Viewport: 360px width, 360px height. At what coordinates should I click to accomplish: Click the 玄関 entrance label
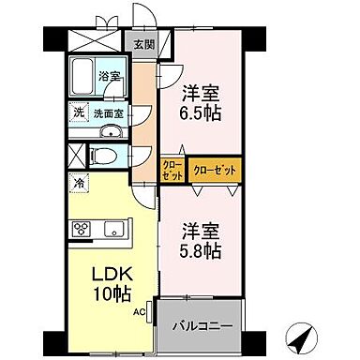(142, 43)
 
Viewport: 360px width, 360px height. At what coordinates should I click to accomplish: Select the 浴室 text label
(110, 77)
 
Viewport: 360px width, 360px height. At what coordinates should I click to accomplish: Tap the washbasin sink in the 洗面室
(111, 131)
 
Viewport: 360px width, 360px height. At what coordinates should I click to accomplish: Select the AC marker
(139, 311)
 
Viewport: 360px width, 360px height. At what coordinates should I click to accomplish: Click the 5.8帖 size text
(202, 252)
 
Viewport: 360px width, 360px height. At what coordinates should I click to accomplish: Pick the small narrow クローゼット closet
(172, 171)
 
